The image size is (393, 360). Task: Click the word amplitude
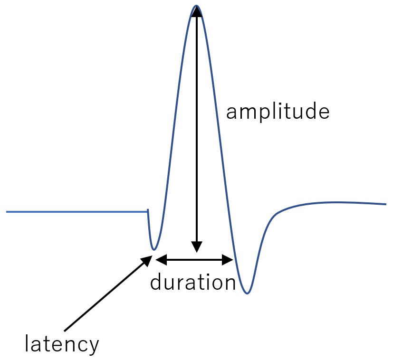278,112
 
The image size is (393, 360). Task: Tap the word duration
193,282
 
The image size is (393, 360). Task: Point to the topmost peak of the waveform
197,6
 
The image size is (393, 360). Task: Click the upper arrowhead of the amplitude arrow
197,11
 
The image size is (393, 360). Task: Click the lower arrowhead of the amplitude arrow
197,247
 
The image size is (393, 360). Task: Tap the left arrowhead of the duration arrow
161,259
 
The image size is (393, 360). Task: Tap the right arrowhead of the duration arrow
228,259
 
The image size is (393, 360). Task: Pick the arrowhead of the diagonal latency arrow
147,261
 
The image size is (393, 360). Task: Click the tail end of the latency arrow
65,331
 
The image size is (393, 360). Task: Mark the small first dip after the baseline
154,249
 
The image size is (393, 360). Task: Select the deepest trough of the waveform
247,293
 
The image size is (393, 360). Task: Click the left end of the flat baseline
7,212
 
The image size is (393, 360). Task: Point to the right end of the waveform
386,204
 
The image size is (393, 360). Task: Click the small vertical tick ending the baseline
148,211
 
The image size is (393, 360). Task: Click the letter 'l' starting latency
27,343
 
